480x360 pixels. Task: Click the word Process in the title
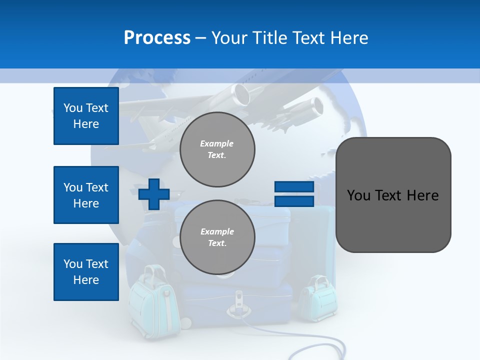click(x=157, y=38)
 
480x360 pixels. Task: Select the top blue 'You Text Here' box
click(x=86, y=116)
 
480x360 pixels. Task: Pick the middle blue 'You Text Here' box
click(x=86, y=195)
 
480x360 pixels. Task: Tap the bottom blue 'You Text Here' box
click(x=86, y=272)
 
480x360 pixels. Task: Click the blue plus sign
click(x=154, y=194)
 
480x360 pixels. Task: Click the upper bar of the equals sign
click(x=294, y=187)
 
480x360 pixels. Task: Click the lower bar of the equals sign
click(x=294, y=201)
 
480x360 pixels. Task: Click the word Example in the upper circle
click(x=217, y=143)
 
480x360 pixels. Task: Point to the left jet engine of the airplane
click(x=242, y=94)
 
